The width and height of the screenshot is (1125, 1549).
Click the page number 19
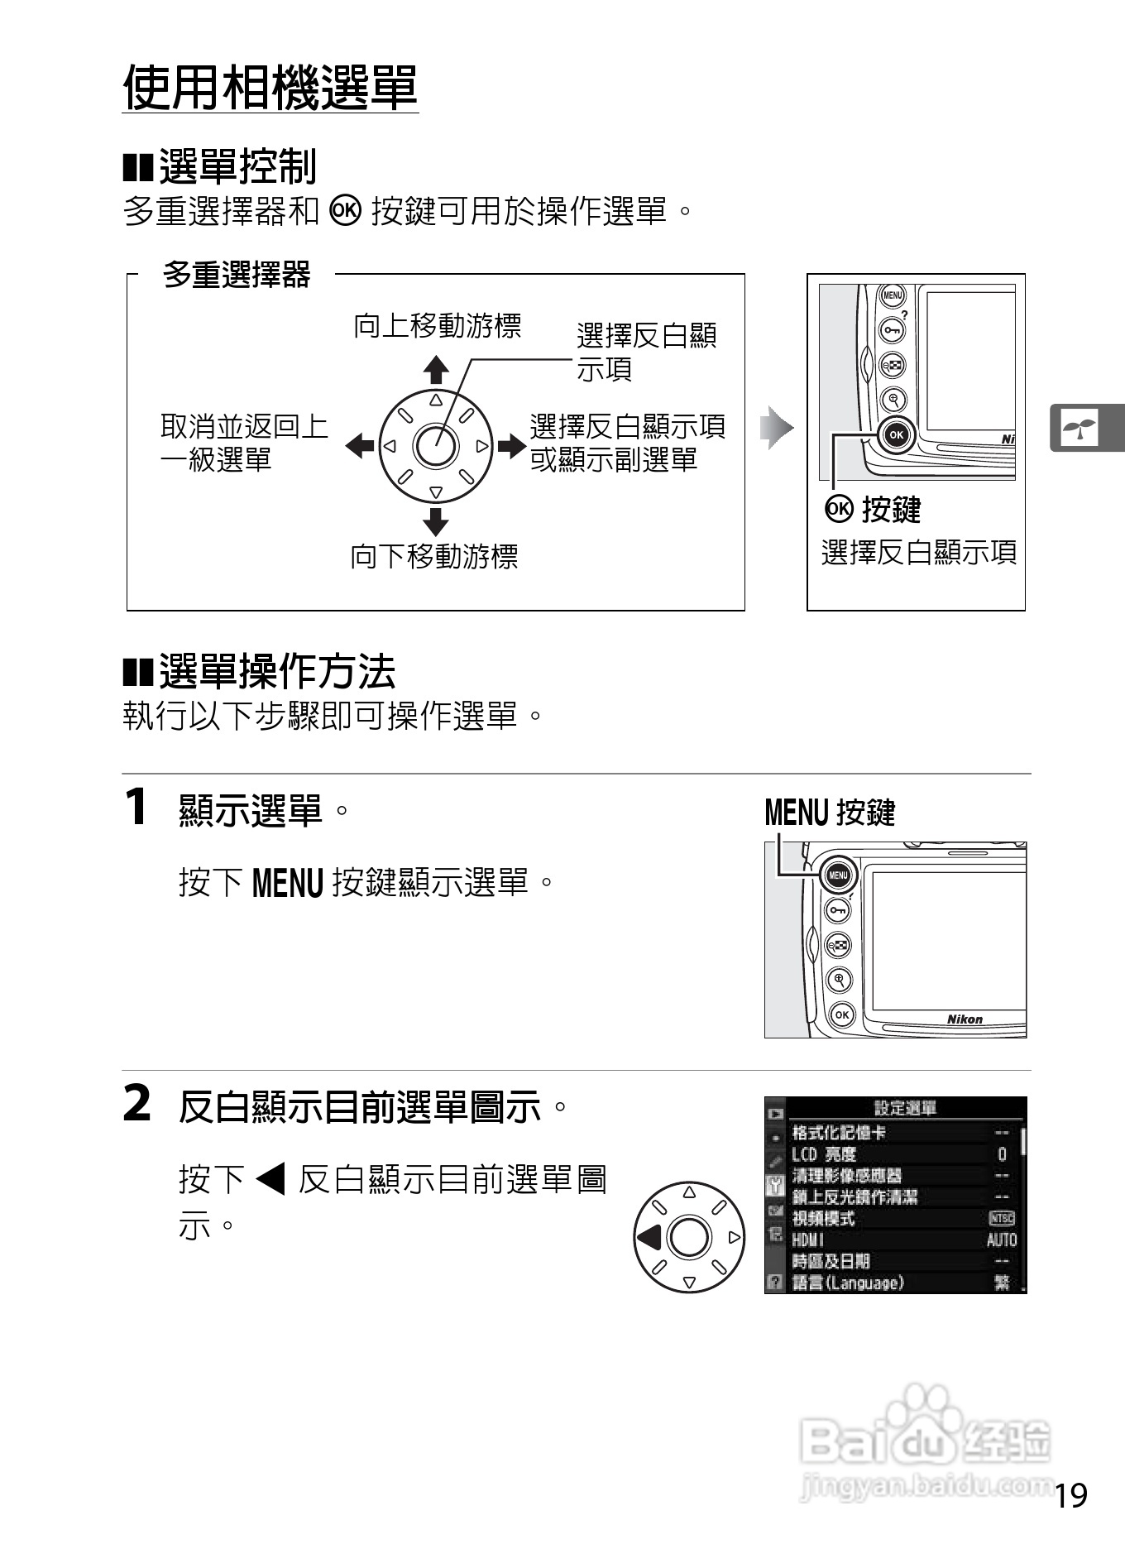pos(1071,1495)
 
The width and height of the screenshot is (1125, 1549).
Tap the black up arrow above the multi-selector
pos(435,369)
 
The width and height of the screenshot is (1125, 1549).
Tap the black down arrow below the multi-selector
pos(435,522)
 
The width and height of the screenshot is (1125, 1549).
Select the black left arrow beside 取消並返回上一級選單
pos(359,446)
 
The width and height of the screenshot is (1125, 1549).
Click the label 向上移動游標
pos(437,326)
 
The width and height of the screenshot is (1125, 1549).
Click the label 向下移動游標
pos(434,556)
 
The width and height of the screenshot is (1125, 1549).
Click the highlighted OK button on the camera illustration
pos(896,434)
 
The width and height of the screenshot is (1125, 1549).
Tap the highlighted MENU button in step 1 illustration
pos(838,875)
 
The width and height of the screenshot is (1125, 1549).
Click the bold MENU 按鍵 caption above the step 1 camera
pos(830,813)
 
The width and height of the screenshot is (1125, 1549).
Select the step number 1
pos(136,807)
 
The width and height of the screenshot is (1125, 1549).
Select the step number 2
pos(137,1104)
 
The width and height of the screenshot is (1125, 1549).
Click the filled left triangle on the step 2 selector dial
pos(649,1237)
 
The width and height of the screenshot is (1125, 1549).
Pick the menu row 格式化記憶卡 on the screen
pos(839,1133)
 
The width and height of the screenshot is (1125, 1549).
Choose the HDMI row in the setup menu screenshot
pos(808,1240)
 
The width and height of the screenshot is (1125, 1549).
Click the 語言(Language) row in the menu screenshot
pos(848,1283)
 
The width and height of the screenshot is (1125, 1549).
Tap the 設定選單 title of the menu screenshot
pos(905,1108)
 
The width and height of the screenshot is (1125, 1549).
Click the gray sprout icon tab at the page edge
pos(1080,428)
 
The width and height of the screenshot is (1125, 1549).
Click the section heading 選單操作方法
pos(277,671)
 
